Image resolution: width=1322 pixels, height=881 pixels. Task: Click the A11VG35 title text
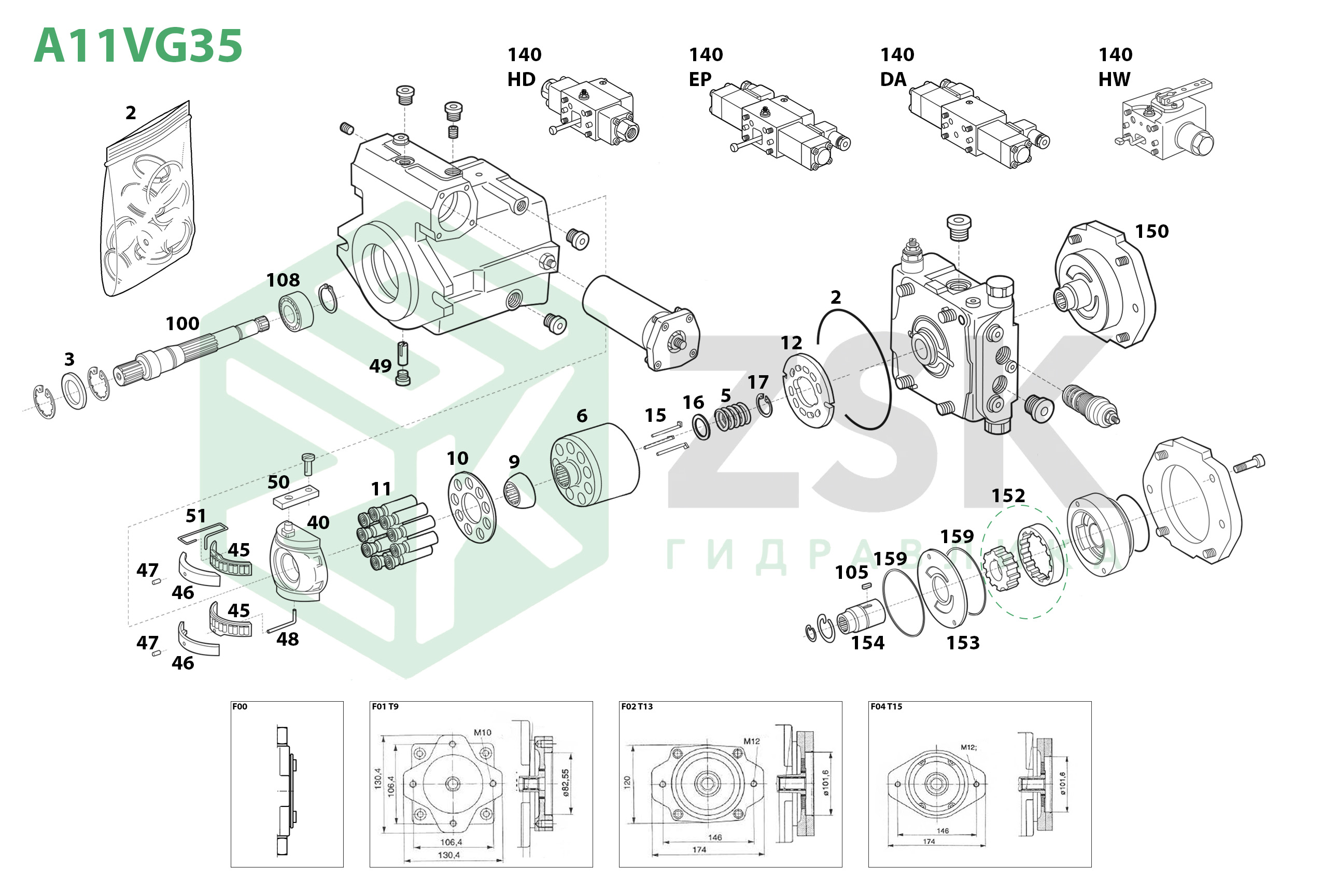138,46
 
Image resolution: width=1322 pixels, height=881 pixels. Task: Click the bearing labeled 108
296,311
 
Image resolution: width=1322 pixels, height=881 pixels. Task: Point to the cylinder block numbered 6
595,465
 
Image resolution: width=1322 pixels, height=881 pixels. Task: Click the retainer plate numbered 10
472,507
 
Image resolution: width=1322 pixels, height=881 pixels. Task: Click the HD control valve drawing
590,112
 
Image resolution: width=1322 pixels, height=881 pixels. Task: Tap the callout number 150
1151,232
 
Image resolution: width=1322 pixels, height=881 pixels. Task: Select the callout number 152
1008,495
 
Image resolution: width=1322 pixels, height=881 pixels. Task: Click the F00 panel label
240,707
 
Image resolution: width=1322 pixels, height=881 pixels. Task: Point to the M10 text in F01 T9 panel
482,733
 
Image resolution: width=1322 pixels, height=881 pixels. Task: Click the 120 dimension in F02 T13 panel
627,781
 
